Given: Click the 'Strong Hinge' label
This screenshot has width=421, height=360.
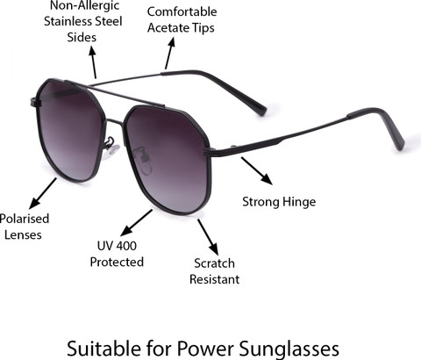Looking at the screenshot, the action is [279, 202].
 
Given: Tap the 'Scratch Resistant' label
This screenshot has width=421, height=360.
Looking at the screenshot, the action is [214, 271].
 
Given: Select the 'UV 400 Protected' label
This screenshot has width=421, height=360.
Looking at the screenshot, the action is [117, 254].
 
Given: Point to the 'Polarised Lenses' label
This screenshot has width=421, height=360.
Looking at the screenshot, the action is [24, 227].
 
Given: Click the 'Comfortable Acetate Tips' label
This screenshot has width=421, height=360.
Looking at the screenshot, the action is [182, 19].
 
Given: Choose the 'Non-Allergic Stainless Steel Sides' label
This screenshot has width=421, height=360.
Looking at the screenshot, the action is [82, 22].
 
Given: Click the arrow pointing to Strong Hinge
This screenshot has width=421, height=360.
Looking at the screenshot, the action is [257, 171].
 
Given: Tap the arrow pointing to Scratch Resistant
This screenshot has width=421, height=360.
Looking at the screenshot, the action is [208, 237].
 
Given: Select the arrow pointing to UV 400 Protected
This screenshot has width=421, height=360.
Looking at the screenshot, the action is [136, 223].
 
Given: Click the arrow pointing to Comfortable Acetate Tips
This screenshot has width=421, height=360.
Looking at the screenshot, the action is [170, 53].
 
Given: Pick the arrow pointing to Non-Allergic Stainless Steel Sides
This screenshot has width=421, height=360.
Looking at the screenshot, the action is [93, 62].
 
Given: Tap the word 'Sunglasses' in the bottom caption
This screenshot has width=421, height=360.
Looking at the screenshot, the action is [289, 349].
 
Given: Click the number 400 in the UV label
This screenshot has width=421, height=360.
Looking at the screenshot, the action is [126, 246].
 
